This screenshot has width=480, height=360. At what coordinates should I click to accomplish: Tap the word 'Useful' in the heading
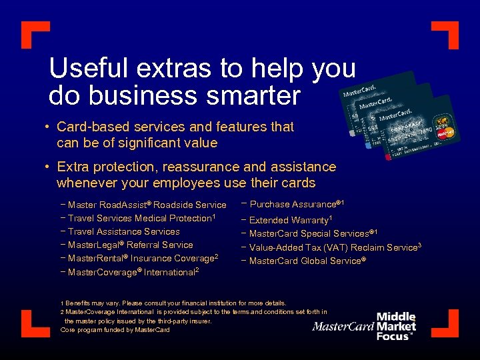click(x=85, y=68)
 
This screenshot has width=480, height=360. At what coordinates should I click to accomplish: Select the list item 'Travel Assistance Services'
click(x=123, y=231)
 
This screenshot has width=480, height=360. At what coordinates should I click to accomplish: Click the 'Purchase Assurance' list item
click(x=296, y=204)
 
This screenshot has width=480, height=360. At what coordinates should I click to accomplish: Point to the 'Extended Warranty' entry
click(x=290, y=219)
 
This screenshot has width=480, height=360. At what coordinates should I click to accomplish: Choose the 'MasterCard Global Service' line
click(x=307, y=261)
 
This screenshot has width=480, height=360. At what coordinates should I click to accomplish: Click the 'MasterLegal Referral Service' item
click(x=130, y=245)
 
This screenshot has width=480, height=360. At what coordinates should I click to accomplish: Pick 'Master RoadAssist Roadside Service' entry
click(x=147, y=205)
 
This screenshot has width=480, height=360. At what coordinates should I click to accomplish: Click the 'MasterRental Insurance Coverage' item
click(x=143, y=258)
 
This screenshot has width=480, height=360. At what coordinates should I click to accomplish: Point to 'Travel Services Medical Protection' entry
click(x=141, y=218)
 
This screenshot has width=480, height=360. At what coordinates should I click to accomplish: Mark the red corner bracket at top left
click(x=33, y=33)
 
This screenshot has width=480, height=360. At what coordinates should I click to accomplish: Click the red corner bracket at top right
click(x=446, y=33)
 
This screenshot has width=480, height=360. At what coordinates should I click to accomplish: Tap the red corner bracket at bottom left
click(x=33, y=323)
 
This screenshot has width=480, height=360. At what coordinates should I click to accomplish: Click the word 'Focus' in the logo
click(x=394, y=336)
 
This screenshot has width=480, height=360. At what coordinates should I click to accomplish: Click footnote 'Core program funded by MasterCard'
click(x=115, y=330)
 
